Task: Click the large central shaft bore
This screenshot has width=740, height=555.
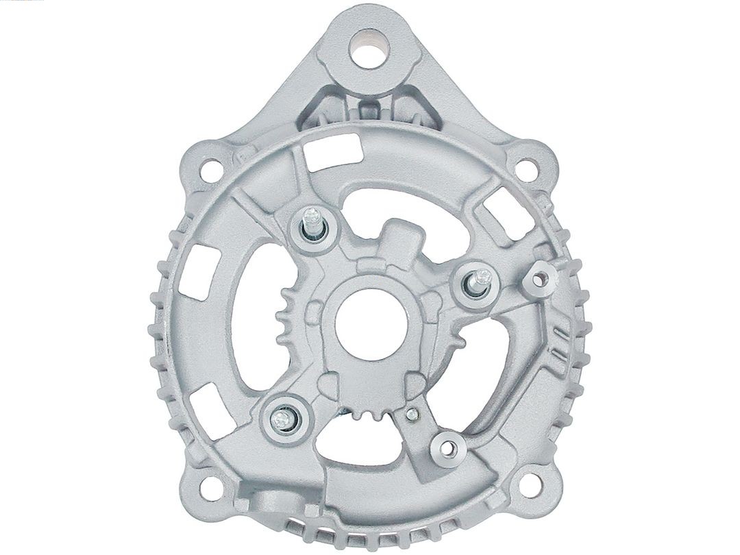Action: pyautogui.click(x=370, y=323)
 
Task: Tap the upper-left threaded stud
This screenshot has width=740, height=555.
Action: pyautogui.click(x=313, y=223)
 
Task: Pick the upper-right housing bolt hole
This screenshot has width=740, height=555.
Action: pyautogui.click(x=524, y=166)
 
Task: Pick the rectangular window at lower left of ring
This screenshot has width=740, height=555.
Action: pyautogui.click(x=208, y=404)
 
